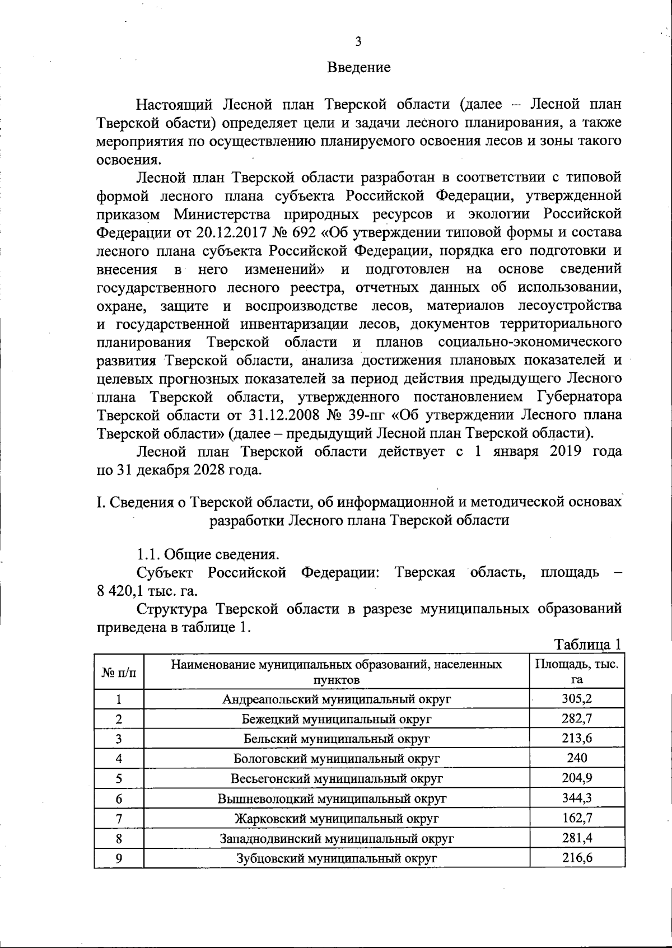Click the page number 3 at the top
358,41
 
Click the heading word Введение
358,68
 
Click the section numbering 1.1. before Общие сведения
150,554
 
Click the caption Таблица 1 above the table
587,645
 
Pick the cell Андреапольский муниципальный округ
337,699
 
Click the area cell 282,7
577,718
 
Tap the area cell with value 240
577,758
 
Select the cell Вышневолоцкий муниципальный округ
337,798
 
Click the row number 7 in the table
119,819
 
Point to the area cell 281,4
577,838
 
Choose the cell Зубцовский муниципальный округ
337,858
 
